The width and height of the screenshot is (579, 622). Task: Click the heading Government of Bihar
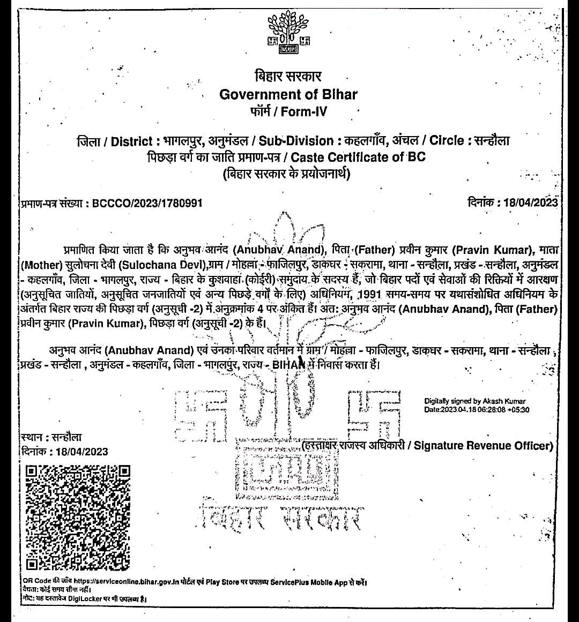click(x=288, y=94)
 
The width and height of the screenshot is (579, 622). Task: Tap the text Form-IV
click(x=303, y=112)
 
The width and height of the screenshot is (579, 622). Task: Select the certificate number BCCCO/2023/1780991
click(x=147, y=203)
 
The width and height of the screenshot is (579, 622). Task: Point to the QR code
click(x=78, y=516)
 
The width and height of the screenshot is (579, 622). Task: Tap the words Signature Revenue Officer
click(x=483, y=446)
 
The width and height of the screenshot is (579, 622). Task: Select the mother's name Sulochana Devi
click(x=162, y=265)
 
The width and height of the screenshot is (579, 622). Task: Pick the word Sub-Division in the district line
click(x=296, y=141)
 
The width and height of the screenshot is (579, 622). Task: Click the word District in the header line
click(x=131, y=141)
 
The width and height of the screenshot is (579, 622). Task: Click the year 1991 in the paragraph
click(x=369, y=294)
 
